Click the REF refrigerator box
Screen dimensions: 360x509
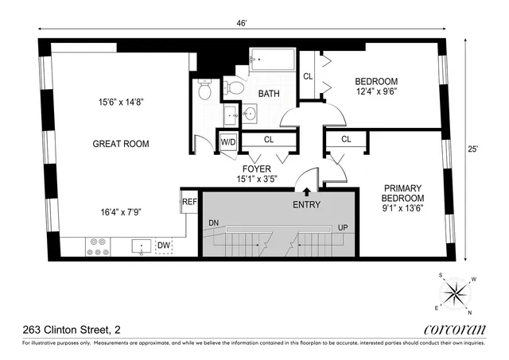click(x=189, y=202)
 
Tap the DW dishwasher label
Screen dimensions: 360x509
click(x=164, y=246)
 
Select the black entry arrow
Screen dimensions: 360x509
click(x=306, y=190)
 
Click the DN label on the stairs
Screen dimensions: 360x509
click(x=212, y=224)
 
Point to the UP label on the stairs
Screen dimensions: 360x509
click(x=342, y=227)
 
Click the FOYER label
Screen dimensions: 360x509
click(x=258, y=169)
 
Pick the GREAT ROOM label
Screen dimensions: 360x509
click(x=121, y=144)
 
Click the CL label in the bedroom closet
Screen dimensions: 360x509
click(x=308, y=76)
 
